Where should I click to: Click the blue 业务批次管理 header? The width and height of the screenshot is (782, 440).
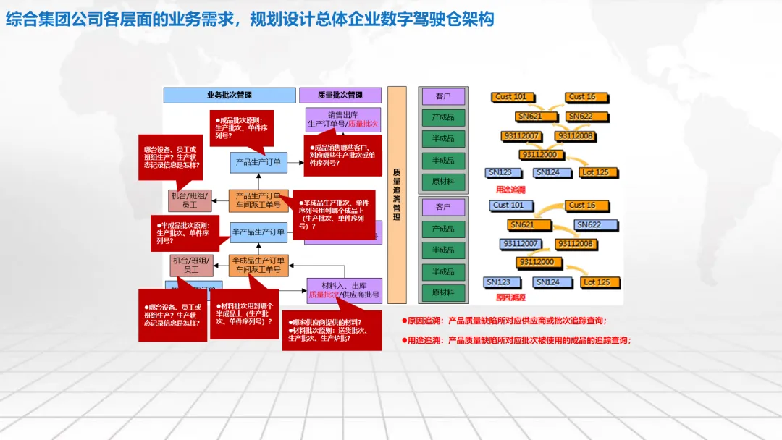pyautogui.click(x=229, y=95)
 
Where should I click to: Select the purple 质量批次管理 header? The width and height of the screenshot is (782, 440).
pyautogui.click(x=340, y=95)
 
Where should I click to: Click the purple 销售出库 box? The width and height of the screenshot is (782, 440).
pyautogui.click(x=343, y=119)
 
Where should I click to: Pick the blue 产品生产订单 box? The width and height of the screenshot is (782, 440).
pyautogui.click(x=258, y=162)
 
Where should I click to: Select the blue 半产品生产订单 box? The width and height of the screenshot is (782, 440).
pyautogui.click(x=258, y=232)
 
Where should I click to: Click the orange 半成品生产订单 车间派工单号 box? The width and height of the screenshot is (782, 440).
pyautogui.click(x=258, y=265)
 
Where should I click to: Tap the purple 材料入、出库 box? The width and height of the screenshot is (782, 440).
pyautogui.click(x=344, y=289)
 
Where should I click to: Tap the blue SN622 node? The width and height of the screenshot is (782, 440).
pyautogui.click(x=589, y=224)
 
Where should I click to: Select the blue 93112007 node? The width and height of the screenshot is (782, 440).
pyautogui.click(x=520, y=244)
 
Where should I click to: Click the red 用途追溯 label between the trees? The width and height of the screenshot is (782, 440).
pyautogui.click(x=510, y=190)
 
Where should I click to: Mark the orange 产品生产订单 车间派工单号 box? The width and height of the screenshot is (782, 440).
pyautogui.click(x=258, y=200)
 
